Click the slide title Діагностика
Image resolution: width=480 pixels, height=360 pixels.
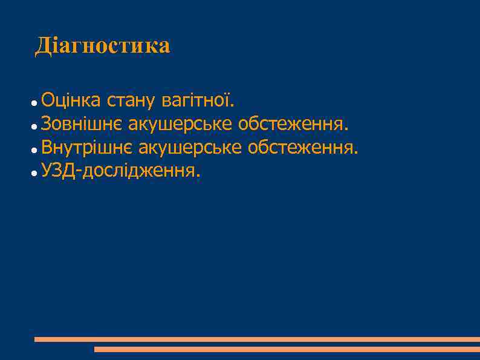103,46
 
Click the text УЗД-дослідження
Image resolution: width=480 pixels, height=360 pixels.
118,171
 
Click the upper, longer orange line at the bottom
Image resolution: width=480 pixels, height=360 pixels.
257,339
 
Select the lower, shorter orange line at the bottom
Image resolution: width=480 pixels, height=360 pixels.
287,349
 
